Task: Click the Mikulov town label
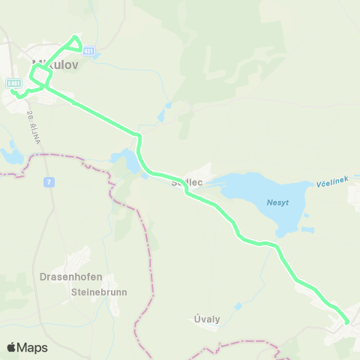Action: tap(55, 65)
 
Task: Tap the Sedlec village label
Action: tap(187, 182)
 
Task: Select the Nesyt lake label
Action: tap(277, 202)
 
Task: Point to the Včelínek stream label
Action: tap(334, 184)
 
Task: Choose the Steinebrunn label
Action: tap(98, 292)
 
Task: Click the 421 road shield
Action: tap(89, 50)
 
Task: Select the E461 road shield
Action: tap(13, 82)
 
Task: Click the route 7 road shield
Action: tap(49, 181)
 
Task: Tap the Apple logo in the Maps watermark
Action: tap(12, 347)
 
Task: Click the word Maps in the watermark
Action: tap(33, 347)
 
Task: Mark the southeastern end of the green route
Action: tap(346, 322)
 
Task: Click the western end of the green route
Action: tap(13, 91)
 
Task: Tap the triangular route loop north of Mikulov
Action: tap(74, 43)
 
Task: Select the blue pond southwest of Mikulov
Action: tap(12, 155)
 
